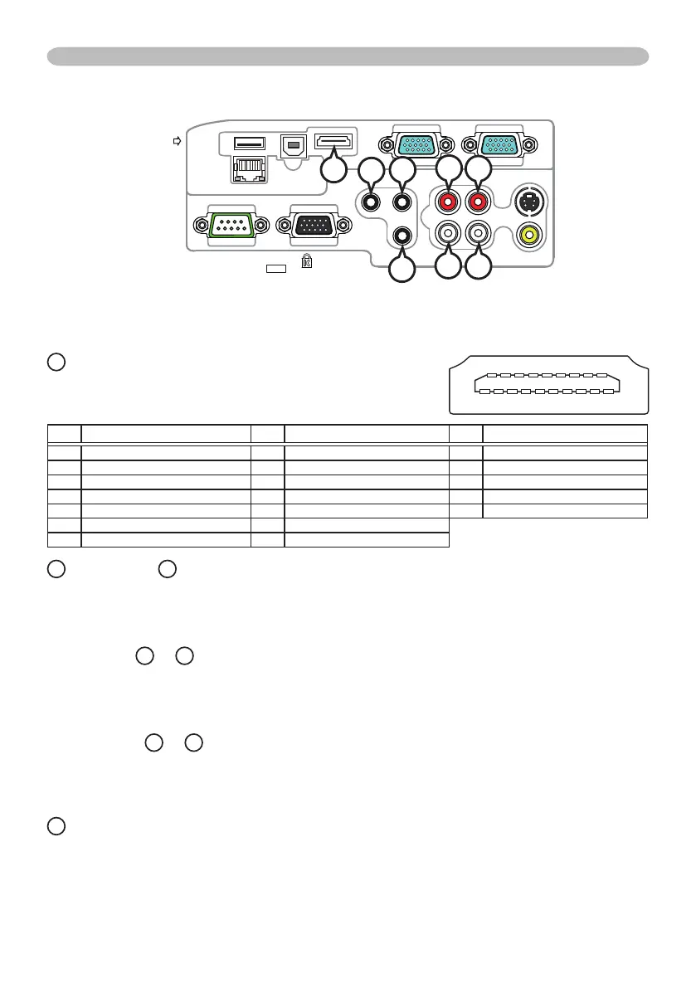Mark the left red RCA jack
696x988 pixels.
448,201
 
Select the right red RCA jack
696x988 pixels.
479,201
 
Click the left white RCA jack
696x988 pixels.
448,234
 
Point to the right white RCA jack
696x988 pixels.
479,234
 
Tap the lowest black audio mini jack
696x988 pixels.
402,235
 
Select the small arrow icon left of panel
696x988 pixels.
176,143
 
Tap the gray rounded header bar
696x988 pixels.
348,56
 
